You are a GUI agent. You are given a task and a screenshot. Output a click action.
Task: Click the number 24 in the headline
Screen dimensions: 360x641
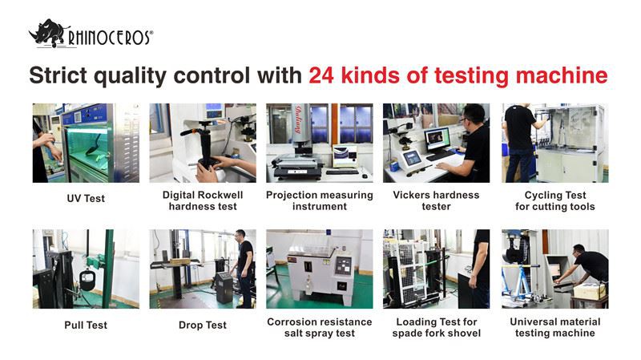coord(323,76)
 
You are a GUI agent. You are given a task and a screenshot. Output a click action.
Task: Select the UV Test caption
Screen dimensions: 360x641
coord(85,198)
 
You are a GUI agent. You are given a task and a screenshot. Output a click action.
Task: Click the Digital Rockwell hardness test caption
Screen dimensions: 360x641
coord(202,200)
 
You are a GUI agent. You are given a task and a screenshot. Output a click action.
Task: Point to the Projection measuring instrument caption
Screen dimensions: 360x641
coord(319,200)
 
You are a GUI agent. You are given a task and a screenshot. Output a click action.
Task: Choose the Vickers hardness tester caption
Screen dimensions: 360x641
coord(436,200)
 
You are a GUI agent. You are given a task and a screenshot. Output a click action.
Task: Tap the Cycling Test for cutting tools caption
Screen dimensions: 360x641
coord(554,200)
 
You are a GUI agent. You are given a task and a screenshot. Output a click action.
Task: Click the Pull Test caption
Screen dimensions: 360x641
coord(85,325)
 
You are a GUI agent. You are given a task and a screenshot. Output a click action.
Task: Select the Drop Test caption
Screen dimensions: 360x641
coord(202,325)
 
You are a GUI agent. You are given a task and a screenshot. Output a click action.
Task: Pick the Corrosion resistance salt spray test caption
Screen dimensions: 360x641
coord(319,327)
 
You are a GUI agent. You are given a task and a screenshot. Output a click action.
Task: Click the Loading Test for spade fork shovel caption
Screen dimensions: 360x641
coord(436,327)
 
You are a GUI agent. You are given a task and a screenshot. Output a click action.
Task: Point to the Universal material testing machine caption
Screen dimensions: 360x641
coord(554,327)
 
